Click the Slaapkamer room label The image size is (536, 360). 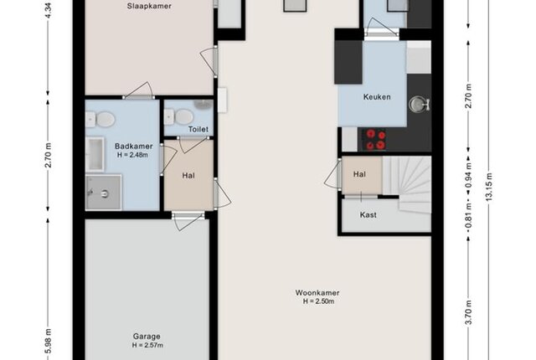point(149,6)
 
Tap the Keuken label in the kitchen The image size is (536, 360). point(377,97)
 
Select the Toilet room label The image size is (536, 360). point(198,130)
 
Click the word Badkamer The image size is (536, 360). point(134,147)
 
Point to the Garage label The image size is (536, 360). point(147,337)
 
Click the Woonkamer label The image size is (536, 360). point(317,293)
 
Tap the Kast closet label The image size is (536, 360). point(368,215)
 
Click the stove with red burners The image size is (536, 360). point(375,140)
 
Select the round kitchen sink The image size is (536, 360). point(418,104)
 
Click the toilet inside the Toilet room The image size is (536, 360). point(179,117)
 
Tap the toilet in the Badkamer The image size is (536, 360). point(100,120)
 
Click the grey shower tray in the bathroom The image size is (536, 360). point(103,193)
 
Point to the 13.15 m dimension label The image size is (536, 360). point(489,188)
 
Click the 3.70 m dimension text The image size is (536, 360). point(468,312)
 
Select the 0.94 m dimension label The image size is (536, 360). point(468,175)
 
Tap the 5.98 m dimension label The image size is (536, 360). point(48,342)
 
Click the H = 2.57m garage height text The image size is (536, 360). point(147,345)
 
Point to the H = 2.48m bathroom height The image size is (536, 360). point(133,155)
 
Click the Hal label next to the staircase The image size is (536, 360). point(359,174)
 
